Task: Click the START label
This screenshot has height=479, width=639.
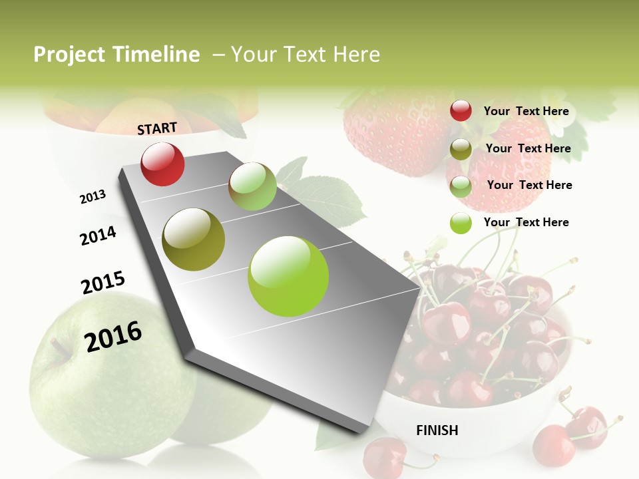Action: (157, 128)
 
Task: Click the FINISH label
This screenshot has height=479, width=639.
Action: (437, 430)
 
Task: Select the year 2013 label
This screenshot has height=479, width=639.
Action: (93, 197)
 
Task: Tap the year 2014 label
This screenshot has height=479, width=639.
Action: (98, 236)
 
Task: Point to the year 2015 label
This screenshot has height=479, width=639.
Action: (103, 283)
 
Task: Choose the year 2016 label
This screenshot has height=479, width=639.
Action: (113, 336)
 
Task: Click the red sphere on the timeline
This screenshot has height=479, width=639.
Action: (162, 164)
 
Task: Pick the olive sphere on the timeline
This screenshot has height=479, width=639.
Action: (193, 239)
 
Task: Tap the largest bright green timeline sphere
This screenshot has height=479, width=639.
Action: (288, 276)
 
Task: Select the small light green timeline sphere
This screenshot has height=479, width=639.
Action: (252, 186)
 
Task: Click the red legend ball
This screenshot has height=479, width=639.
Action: (461, 110)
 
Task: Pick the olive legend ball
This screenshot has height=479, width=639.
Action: (461, 149)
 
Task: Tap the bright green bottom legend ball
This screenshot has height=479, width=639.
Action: (461, 223)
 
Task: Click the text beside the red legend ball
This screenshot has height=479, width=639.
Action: (526, 111)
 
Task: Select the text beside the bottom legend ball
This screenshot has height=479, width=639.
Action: (526, 222)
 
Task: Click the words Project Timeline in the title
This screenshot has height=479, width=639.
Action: (116, 55)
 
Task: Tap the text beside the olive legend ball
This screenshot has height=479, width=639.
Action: (528, 148)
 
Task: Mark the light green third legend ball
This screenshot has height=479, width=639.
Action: (461, 186)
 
